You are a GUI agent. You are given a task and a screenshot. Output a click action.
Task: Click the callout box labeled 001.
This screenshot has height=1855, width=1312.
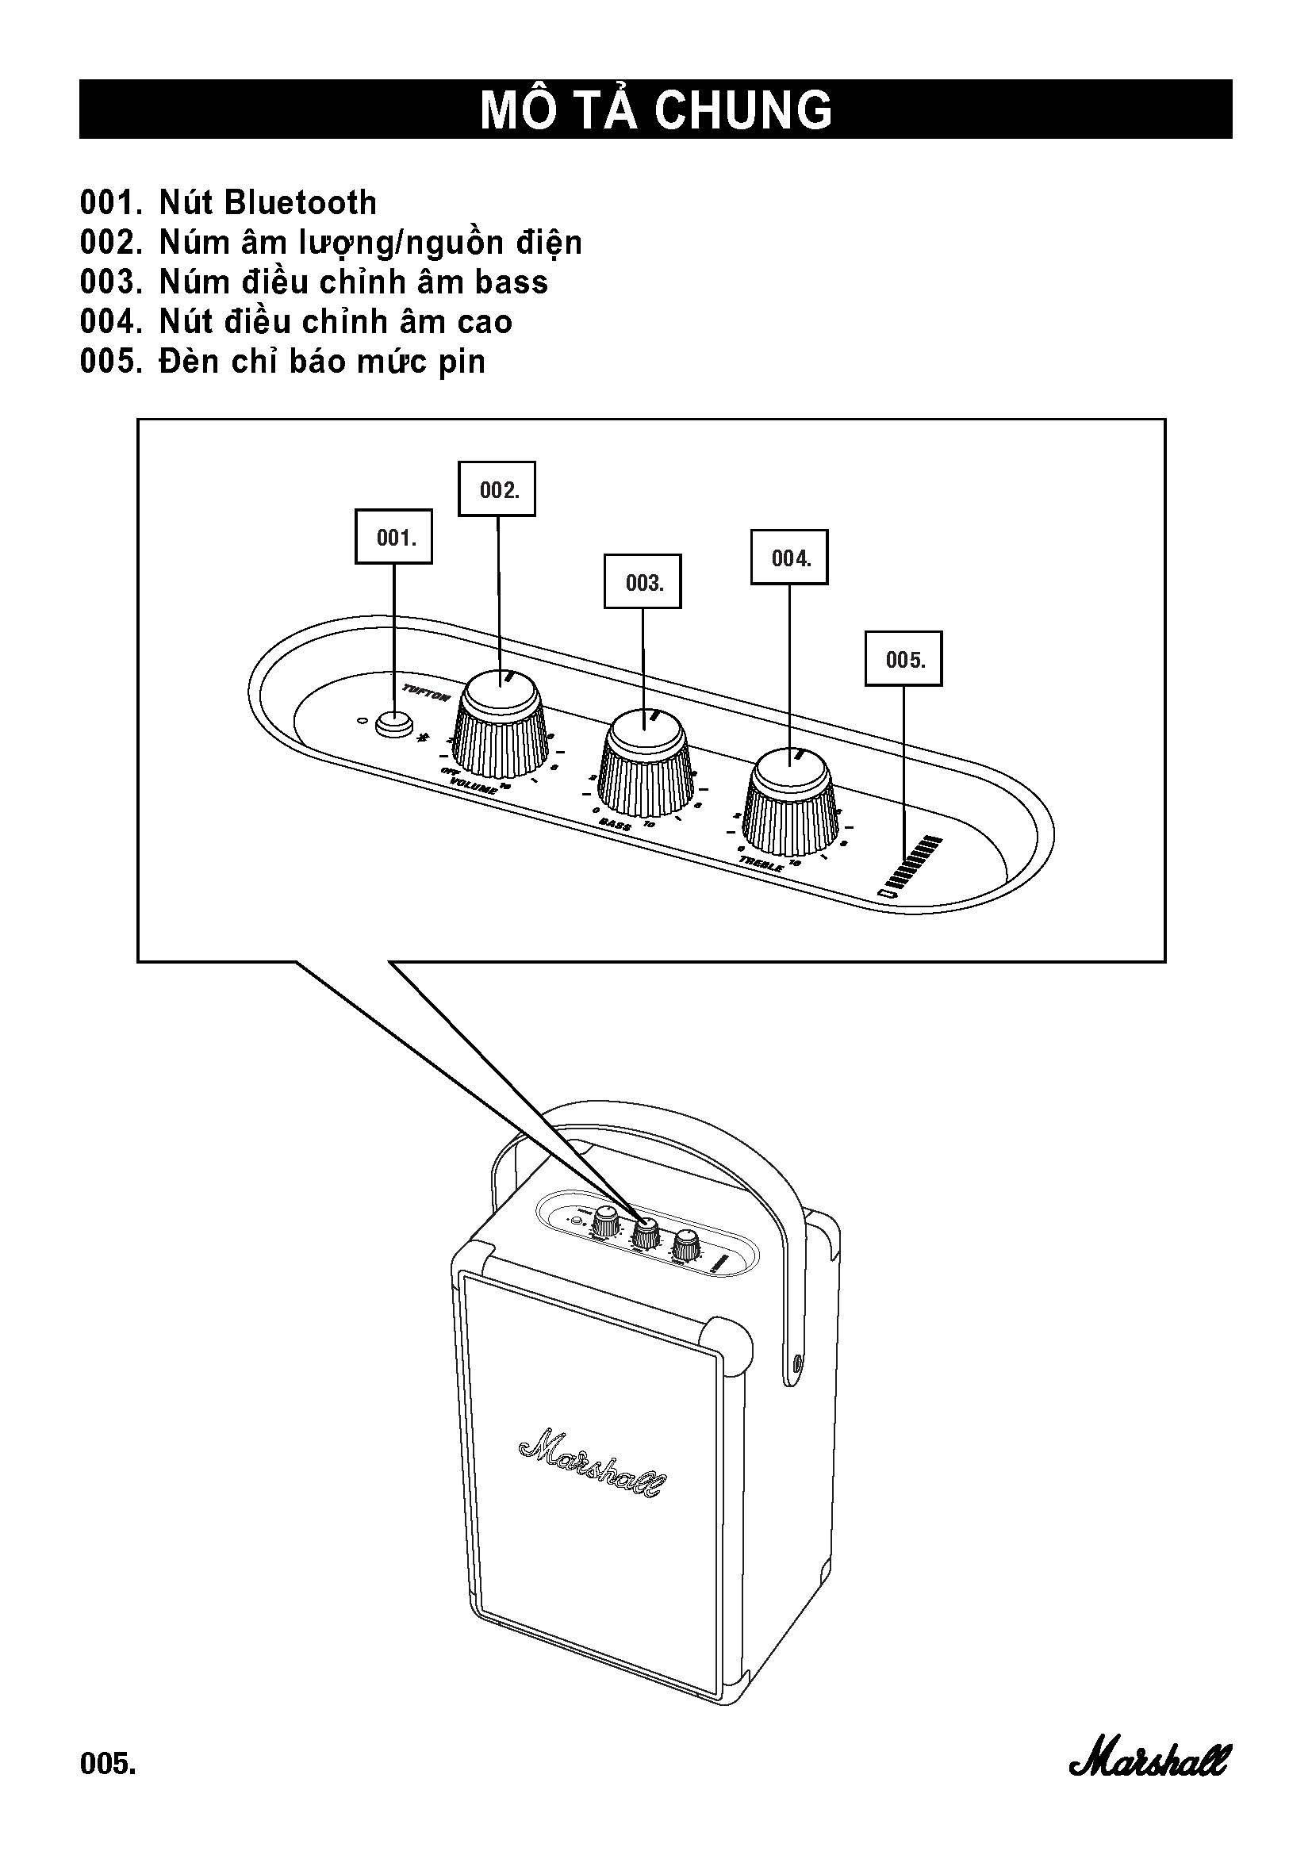pos(394,536)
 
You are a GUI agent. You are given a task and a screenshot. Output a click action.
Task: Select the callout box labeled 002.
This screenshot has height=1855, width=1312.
pos(497,489)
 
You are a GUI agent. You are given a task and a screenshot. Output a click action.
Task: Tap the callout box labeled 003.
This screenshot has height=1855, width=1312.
pos(643,581)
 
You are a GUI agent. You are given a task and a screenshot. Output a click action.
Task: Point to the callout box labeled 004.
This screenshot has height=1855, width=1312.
pos(789,558)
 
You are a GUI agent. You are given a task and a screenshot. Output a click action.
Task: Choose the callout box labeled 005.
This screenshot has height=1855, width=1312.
pos(903,659)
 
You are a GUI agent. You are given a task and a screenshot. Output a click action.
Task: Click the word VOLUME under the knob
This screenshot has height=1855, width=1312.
pos(474,786)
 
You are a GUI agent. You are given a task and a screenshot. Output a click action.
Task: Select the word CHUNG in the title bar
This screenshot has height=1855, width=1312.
pos(743,110)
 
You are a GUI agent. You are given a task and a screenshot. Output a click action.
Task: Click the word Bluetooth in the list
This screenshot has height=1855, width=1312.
pos(301,203)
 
